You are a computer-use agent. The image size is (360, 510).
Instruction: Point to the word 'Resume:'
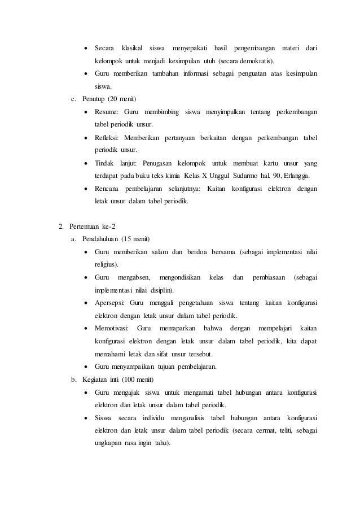pyautogui.click(x=107, y=113)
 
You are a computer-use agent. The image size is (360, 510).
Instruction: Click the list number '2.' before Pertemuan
pyautogui.click(x=62, y=228)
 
